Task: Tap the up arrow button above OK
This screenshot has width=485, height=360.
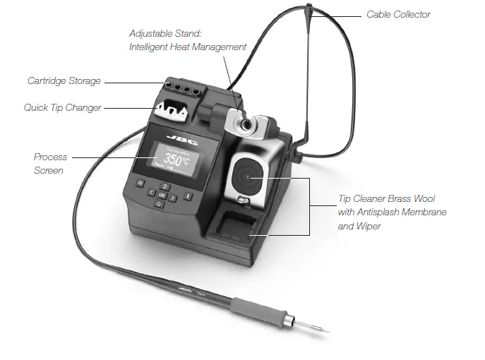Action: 162,186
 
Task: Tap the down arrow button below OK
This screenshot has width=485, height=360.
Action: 160,203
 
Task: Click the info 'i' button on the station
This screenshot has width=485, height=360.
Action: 187,195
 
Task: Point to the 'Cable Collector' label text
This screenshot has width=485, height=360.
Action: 398,14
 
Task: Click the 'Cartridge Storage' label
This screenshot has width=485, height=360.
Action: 64,81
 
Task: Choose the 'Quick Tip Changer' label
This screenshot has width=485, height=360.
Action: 63,107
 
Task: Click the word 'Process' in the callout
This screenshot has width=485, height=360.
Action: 50,157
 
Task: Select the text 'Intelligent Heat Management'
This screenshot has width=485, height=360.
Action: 188,47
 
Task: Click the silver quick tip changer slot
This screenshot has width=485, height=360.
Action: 172,111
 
